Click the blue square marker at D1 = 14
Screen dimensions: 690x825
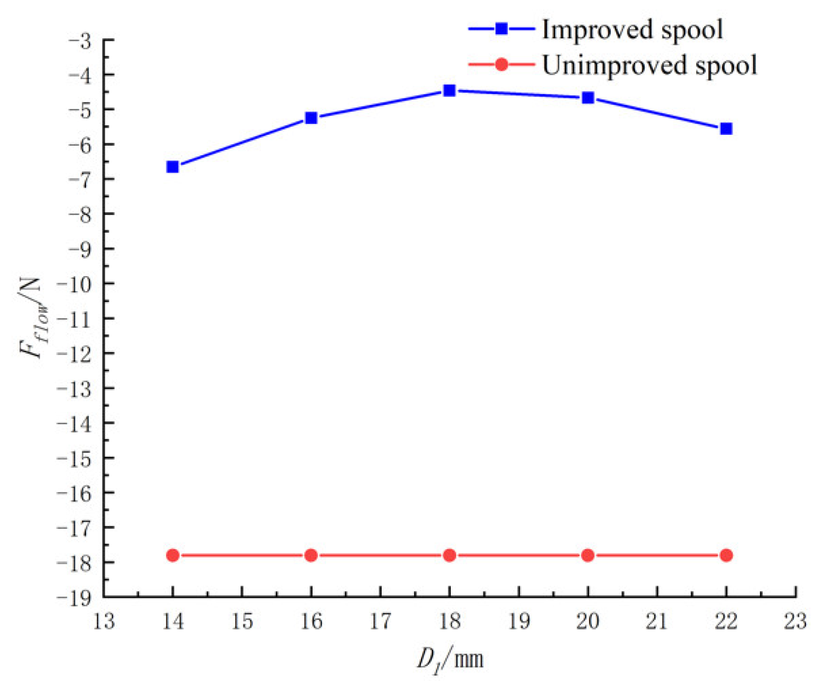(172, 167)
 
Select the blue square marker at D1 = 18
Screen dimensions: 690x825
(449, 91)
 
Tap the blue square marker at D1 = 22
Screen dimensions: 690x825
(726, 129)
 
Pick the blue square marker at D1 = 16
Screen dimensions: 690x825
(311, 118)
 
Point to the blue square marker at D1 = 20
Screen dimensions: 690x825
(587, 98)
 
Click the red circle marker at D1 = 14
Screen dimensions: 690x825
(172, 555)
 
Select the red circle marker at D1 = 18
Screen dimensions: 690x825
(449, 555)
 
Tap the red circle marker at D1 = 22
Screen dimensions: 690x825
(726, 555)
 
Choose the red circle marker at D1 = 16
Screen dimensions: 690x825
(311, 555)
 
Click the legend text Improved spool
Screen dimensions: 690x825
(632, 30)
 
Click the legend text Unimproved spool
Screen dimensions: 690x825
(649, 65)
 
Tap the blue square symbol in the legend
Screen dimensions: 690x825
(501, 29)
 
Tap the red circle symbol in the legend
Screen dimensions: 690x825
(501, 65)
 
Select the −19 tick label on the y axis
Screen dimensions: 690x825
(75, 598)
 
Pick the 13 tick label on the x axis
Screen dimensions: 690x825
(104, 622)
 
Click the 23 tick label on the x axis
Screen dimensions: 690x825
(795, 622)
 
